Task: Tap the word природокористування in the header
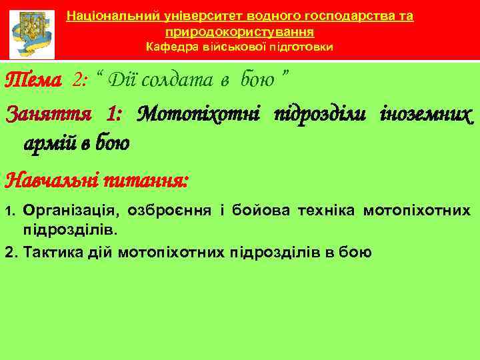(240, 31)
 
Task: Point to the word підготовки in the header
(303, 47)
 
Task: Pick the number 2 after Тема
(80, 81)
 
